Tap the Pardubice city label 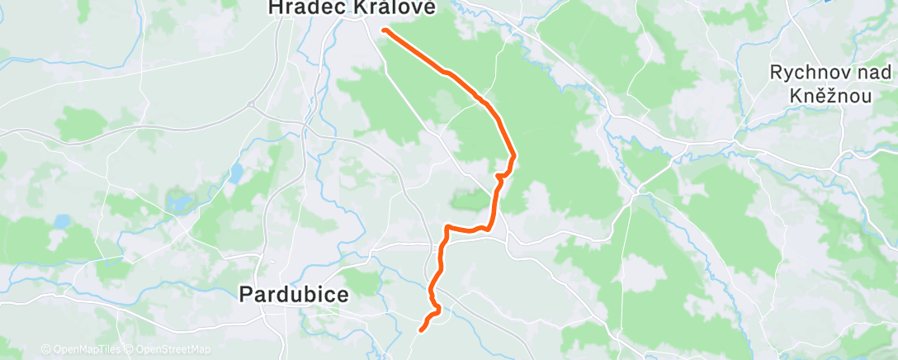pyautogui.click(x=294, y=293)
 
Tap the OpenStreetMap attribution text pyautogui.click(x=173, y=350)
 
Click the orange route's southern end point pyautogui.click(x=422, y=330)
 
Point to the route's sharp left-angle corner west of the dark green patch pyautogui.click(x=446, y=227)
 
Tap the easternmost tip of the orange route pyautogui.click(x=515, y=155)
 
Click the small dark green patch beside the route pyautogui.click(x=470, y=199)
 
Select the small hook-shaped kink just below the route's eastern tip pyautogui.click(x=499, y=176)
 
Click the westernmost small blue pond pyautogui.click(x=63, y=221)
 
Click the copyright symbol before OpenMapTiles pyautogui.click(x=45, y=350)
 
